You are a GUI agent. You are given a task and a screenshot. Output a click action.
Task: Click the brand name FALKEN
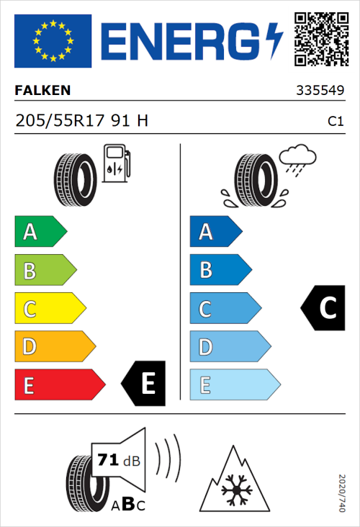coord(43,91)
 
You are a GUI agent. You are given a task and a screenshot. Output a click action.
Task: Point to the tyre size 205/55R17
coord(60,121)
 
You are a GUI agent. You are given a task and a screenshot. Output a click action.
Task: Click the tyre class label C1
coord(336,122)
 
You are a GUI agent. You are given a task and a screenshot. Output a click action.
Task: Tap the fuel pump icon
coord(116,163)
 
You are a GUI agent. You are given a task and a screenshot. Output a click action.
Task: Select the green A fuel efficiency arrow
coord(40,232)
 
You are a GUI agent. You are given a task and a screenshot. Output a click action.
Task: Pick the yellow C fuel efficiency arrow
coord(49,309)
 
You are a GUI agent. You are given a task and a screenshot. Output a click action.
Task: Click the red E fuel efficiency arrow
coord(58,385)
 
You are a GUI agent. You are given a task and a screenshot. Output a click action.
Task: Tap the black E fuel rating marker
coord(145,384)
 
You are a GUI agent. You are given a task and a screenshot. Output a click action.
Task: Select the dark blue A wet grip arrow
coord(215,232)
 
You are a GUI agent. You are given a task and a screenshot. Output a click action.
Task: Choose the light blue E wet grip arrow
coord(234,385)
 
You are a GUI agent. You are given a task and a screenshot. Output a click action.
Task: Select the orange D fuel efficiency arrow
coord(54,347)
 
